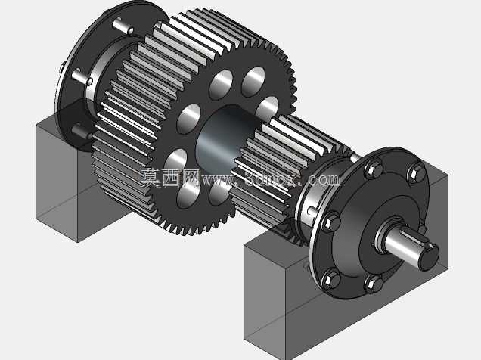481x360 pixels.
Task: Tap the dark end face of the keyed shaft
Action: [x=429, y=259]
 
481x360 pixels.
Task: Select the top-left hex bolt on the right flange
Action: [x=373, y=169]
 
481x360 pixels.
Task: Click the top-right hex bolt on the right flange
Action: [x=416, y=173]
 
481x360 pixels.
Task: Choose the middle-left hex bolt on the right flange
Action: [x=330, y=221]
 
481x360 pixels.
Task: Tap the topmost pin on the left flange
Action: [x=123, y=25]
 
